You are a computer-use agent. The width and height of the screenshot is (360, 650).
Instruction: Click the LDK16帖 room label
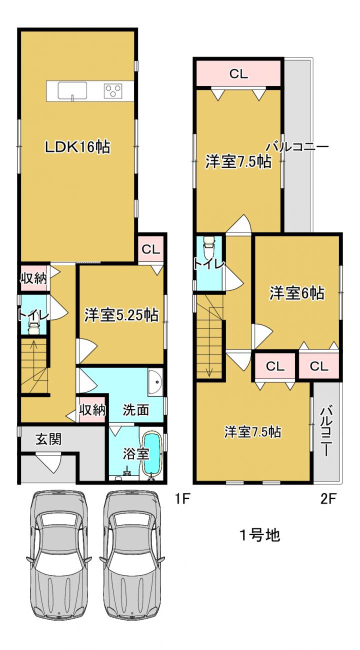pyautogui.click(x=77, y=147)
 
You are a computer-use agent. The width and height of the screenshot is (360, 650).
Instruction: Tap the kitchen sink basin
pyautogui.click(x=72, y=90)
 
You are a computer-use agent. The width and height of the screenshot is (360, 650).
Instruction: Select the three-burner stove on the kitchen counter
pyautogui.click(x=113, y=91)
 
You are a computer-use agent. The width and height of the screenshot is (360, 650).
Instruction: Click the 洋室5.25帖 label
pyautogui.click(x=121, y=315)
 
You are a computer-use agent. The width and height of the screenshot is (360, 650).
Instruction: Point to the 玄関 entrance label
pyautogui.click(x=48, y=439)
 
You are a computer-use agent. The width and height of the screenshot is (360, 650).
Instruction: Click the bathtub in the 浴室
pyautogui.click(x=152, y=456)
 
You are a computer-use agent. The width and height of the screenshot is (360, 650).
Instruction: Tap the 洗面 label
pyautogui.click(x=136, y=409)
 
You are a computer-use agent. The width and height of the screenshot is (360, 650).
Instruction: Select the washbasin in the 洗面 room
pyautogui.click(x=155, y=382)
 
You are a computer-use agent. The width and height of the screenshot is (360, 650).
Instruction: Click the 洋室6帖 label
pyautogui.click(x=297, y=293)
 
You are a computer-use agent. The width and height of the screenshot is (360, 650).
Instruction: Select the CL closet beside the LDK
pyautogui.click(x=151, y=249)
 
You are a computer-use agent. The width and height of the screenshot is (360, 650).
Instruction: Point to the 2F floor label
pyautogui.click(x=328, y=499)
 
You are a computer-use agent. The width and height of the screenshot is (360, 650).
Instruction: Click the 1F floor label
pyautogui.click(x=182, y=499)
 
